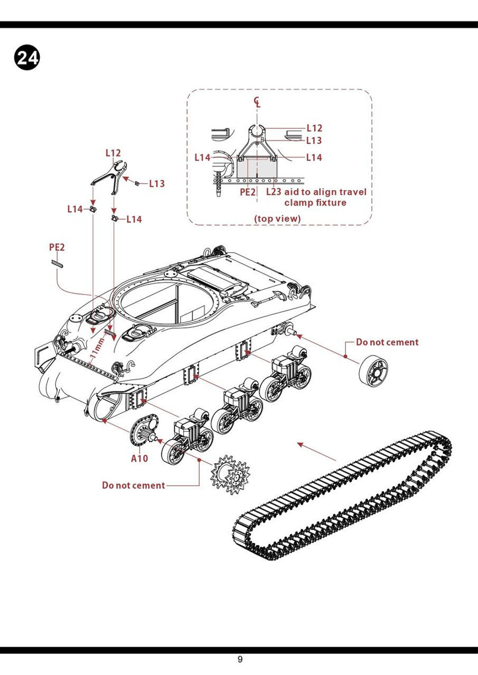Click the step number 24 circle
[27, 58]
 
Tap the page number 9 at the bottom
[240, 660]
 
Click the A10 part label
[139, 458]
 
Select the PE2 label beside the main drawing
[57, 247]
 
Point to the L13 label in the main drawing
[157, 184]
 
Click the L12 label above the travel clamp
[113, 153]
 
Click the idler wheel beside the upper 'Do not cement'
[373, 371]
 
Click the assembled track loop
[344, 498]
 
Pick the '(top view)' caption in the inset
[277, 219]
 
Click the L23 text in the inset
[273, 192]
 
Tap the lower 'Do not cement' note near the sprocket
[133, 485]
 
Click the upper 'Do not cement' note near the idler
[387, 342]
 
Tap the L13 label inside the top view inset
[314, 141]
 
